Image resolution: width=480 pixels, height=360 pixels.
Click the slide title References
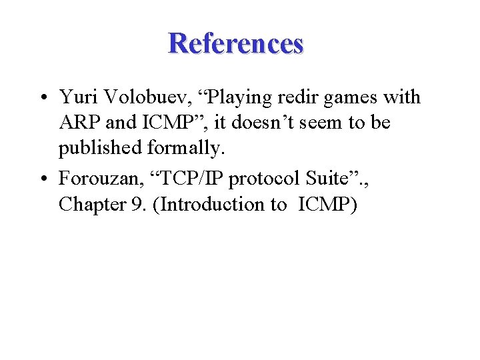(x=236, y=43)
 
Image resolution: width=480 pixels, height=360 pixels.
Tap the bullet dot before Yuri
(x=42, y=98)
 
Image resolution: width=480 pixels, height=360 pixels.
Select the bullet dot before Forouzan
(x=42, y=179)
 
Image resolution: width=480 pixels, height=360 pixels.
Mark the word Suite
(x=322, y=179)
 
